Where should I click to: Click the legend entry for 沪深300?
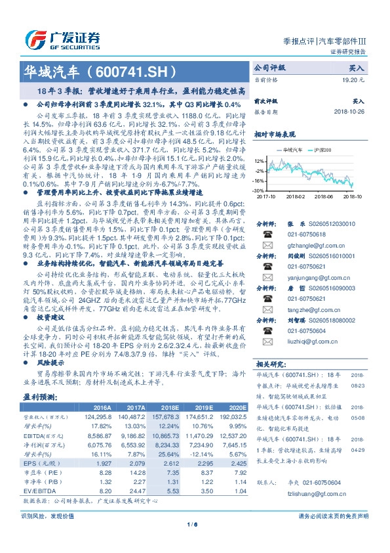point(324,150)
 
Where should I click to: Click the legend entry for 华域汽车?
point(296,150)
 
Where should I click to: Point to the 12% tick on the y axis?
point(260,160)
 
